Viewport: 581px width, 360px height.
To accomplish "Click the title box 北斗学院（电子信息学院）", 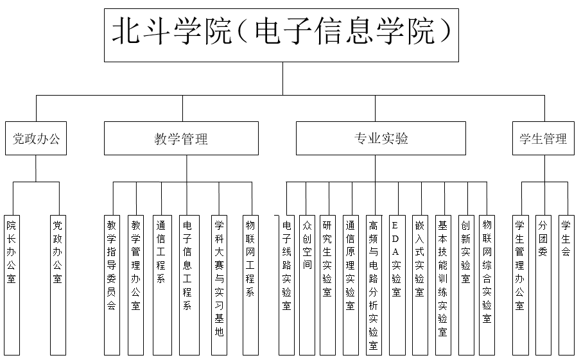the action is (281, 35).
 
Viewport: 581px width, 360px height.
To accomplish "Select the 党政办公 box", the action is (36, 138).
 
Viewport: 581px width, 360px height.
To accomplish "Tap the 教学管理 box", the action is (181, 138).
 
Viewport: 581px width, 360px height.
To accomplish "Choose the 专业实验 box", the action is (381, 138).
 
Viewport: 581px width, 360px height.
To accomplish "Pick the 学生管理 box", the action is (543, 138).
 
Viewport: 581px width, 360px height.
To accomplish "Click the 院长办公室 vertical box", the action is (12, 285).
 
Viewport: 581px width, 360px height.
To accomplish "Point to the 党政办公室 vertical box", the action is (58, 285).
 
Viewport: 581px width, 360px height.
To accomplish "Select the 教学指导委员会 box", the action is (112, 285).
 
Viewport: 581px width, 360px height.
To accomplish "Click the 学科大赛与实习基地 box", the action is (220, 285).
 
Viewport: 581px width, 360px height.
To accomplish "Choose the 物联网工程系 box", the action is (251, 285).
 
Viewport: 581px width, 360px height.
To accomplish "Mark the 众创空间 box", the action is (307, 285).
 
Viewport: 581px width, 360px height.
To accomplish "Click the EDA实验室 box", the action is (397, 285).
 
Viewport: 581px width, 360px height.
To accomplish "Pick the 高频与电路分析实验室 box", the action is (374, 285).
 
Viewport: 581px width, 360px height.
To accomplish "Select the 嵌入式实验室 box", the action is (421, 285).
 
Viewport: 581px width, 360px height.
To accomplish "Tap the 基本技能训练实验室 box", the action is (443, 285).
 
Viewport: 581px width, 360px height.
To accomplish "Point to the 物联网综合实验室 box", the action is (487, 285).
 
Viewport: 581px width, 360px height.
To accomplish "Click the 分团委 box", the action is (543, 285).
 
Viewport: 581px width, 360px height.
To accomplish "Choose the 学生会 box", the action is (566, 285).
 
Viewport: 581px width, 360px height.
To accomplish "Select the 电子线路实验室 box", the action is (287, 285).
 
